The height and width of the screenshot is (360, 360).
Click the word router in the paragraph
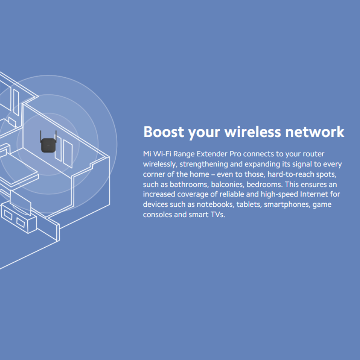(x=313, y=154)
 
